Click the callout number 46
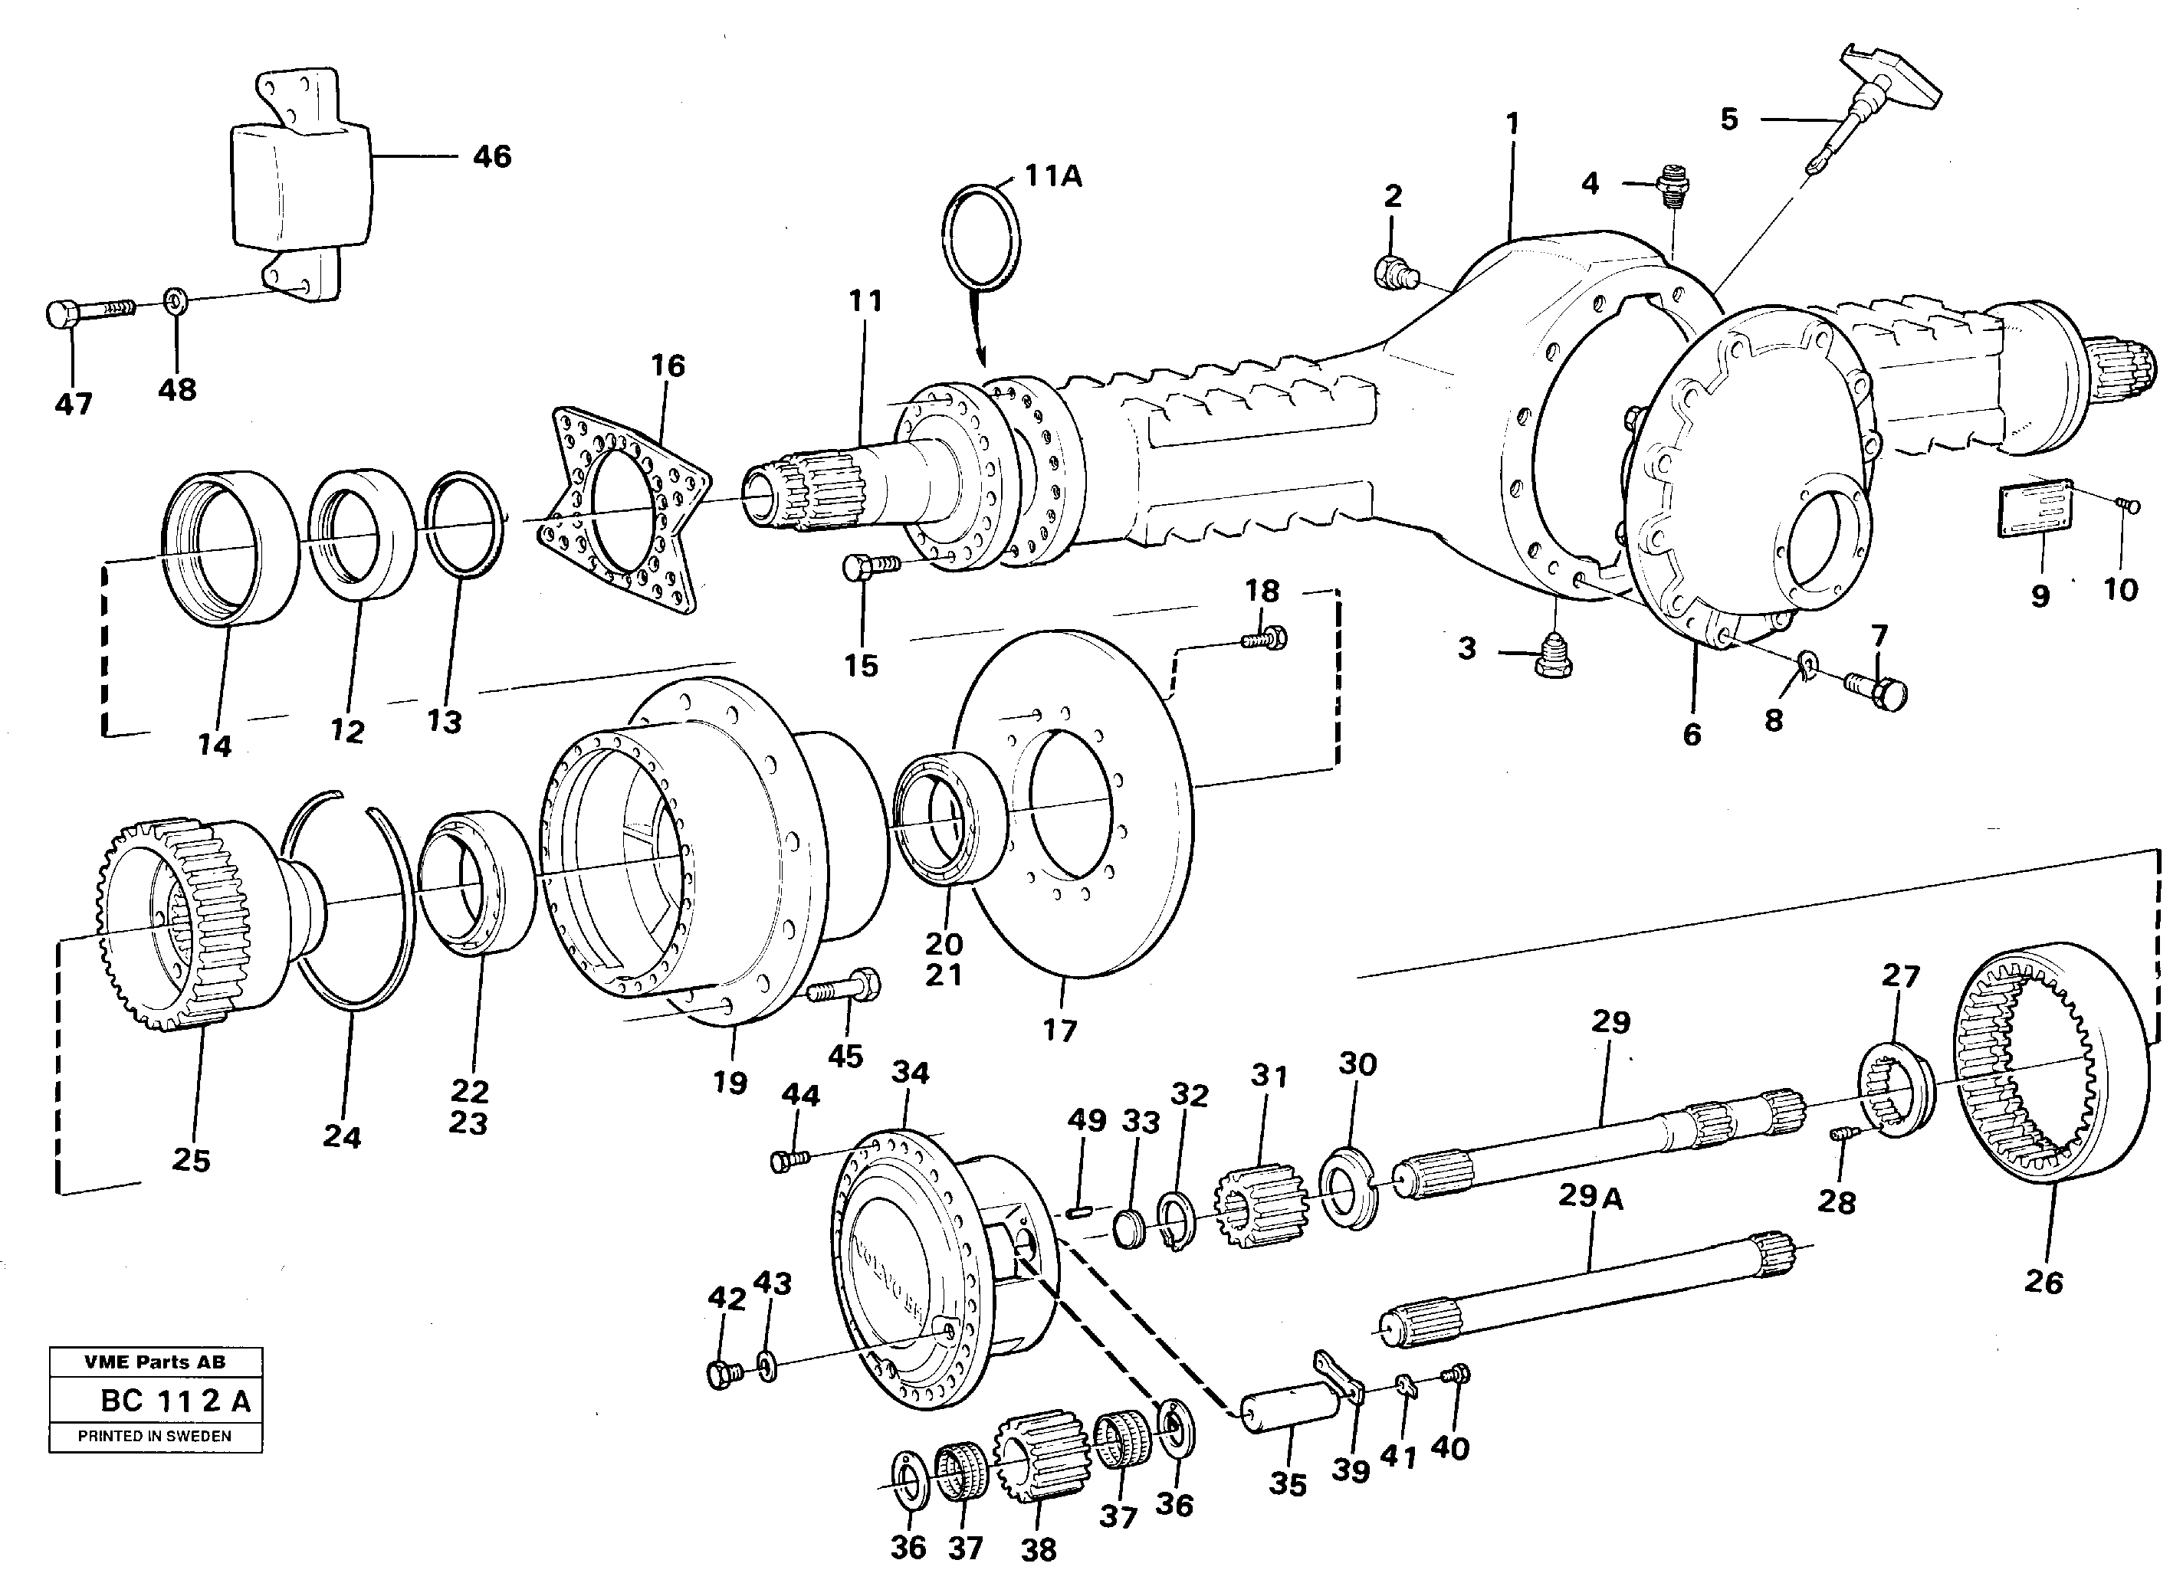pos(492,157)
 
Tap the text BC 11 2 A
pos(176,1401)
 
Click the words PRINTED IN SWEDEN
pos(154,1436)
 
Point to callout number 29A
pos(1590,1197)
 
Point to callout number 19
pos(730,1083)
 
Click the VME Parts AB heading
pos(155,1362)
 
